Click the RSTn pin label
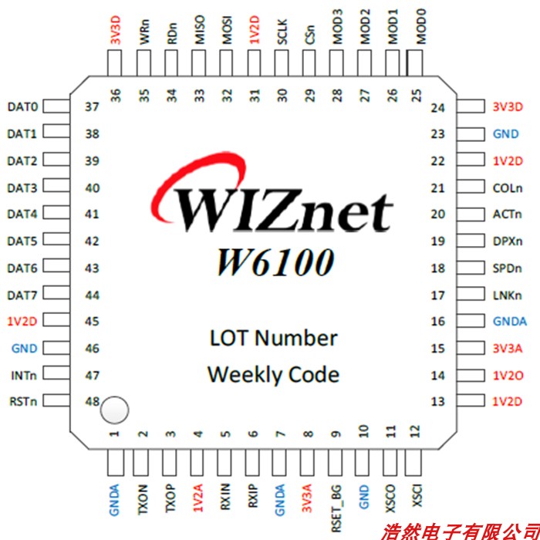tap(22, 401)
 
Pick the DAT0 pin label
tap(22, 106)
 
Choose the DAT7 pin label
tap(22, 295)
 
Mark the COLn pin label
tap(507, 187)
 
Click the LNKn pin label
tap(507, 295)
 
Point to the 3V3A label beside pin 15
tap(507, 349)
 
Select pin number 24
tap(438, 107)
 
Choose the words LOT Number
tap(273, 338)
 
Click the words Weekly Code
tap(273, 375)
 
